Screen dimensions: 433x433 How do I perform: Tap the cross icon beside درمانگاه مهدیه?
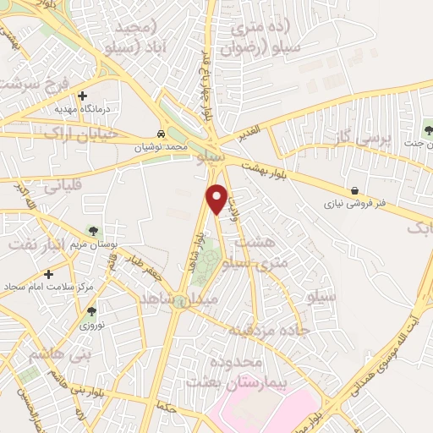[x=82, y=96]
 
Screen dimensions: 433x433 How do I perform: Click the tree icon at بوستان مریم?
[x=92, y=231]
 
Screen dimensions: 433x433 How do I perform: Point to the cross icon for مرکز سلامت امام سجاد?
[x=49, y=274]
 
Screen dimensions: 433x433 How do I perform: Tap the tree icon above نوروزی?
[x=90, y=311]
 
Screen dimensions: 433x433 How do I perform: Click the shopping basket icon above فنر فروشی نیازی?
[x=354, y=191]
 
